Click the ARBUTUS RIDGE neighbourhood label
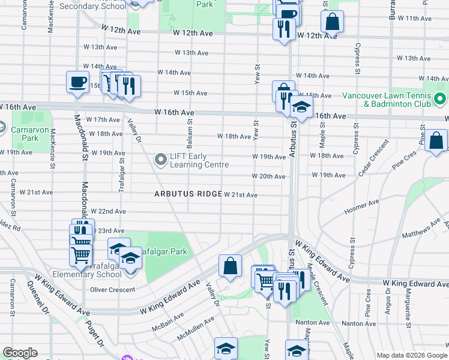click(x=188, y=194)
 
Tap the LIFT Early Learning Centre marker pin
click(x=160, y=160)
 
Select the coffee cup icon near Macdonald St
click(x=77, y=82)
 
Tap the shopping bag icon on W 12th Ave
click(x=332, y=22)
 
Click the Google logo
click(x=20, y=353)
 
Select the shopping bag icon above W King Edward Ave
click(x=230, y=266)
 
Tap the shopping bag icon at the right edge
click(x=437, y=142)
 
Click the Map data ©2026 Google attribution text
click(x=411, y=355)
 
